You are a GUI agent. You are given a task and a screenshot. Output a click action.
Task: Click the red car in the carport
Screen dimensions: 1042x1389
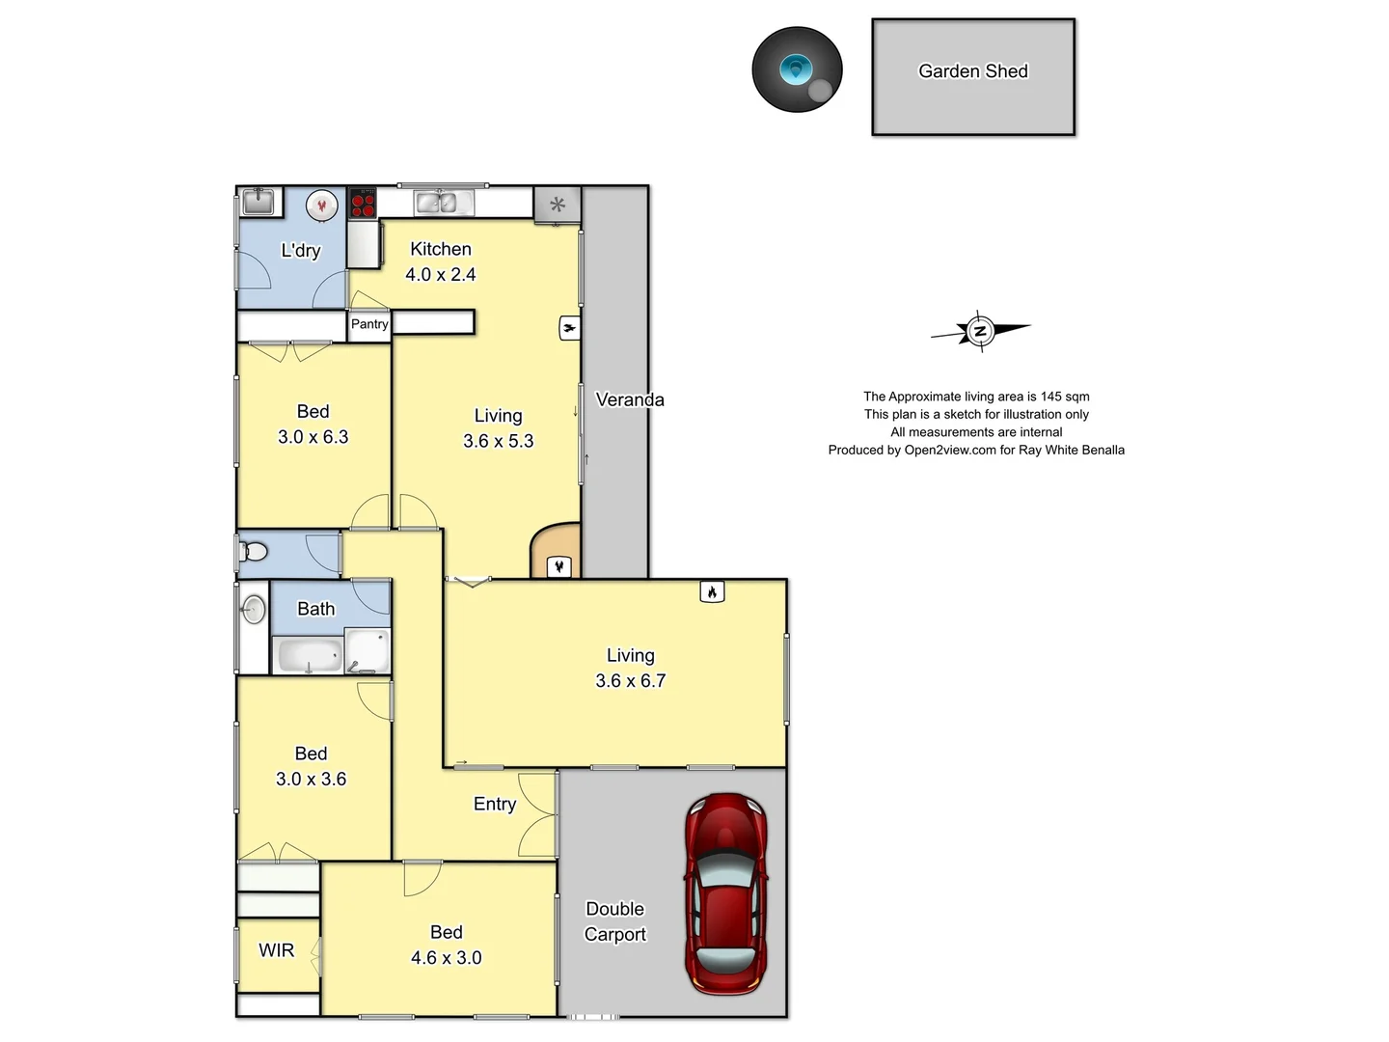[726, 893]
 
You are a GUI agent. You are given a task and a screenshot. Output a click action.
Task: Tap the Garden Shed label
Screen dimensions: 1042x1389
[972, 71]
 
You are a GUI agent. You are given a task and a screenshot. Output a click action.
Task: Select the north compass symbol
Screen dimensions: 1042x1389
[980, 331]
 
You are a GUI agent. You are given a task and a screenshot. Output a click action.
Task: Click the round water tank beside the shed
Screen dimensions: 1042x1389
[797, 69]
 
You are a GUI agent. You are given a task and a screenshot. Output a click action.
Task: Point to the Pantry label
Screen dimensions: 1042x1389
[369, 324]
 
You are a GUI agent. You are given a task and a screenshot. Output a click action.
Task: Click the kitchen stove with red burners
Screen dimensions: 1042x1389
[363, 204]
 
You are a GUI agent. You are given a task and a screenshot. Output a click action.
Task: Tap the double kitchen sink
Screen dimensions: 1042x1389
[443, 203]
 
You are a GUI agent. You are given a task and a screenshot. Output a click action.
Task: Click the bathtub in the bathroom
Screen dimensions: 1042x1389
[309, 655]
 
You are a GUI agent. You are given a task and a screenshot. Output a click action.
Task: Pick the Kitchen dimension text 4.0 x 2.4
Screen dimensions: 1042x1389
[440, 275]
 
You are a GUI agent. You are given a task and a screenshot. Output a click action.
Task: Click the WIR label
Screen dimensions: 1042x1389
[276, 950]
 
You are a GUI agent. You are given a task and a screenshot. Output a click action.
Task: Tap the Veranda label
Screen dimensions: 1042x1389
[629, 399]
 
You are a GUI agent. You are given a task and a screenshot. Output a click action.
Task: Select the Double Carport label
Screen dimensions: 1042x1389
[614, 921]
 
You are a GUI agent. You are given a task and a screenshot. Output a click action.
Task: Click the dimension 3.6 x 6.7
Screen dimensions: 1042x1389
[630, 681]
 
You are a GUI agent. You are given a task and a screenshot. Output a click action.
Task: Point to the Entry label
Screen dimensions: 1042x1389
[494, 804]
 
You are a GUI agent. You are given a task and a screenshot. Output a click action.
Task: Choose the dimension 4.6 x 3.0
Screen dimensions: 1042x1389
[446, 958]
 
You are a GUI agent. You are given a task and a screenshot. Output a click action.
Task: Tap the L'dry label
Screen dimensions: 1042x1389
[300, 251]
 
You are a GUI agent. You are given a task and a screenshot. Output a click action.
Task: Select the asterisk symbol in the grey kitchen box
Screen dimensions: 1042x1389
[557, 205]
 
